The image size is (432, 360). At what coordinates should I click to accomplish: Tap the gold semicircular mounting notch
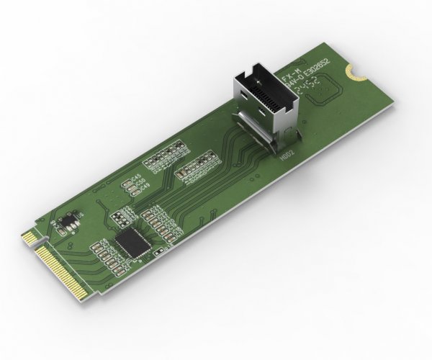point(351,72)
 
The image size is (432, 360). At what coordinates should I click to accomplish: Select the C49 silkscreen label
point(144,188)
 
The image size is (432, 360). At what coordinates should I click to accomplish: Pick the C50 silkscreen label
point(141,182)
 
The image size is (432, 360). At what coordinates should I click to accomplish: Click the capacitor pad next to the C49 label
point(133,192)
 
